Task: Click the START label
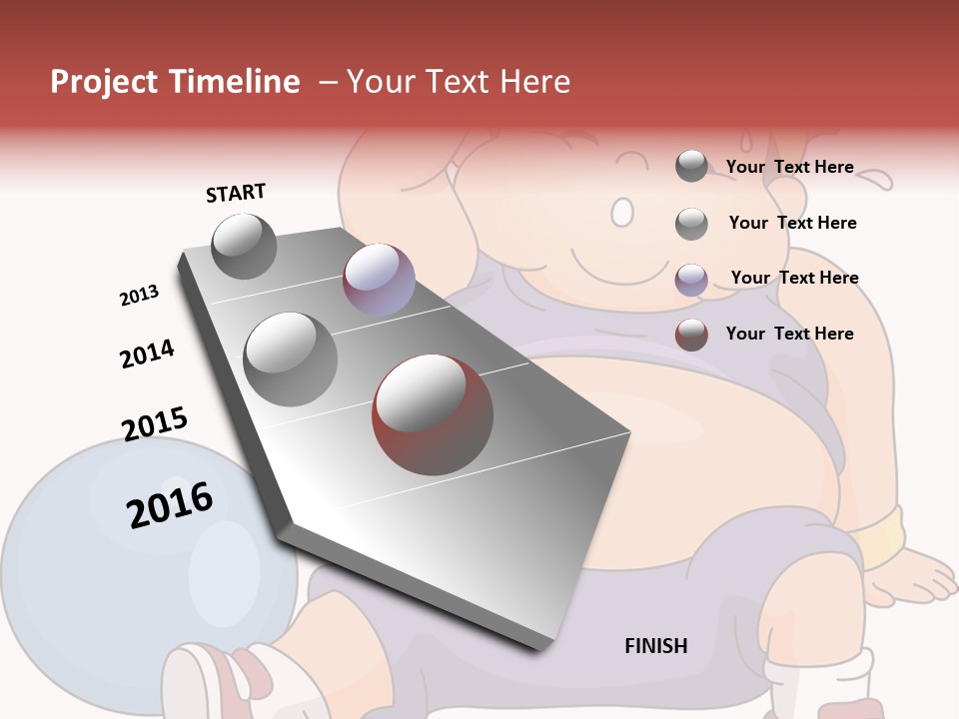point(236,193)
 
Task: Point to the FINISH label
point(656,646)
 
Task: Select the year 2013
point(140,296)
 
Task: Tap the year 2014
point(147,354)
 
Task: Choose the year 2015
point(155,424)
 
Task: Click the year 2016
point(170,505)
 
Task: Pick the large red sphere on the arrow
point(433,413)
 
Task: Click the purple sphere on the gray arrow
point(379,280)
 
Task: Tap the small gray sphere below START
point(244,246)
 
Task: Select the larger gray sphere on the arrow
point(291,359)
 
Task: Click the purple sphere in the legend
point(691,280)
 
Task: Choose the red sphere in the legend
point(691,335)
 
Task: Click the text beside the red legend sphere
point(789,334)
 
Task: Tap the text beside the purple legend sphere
point(794,278)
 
